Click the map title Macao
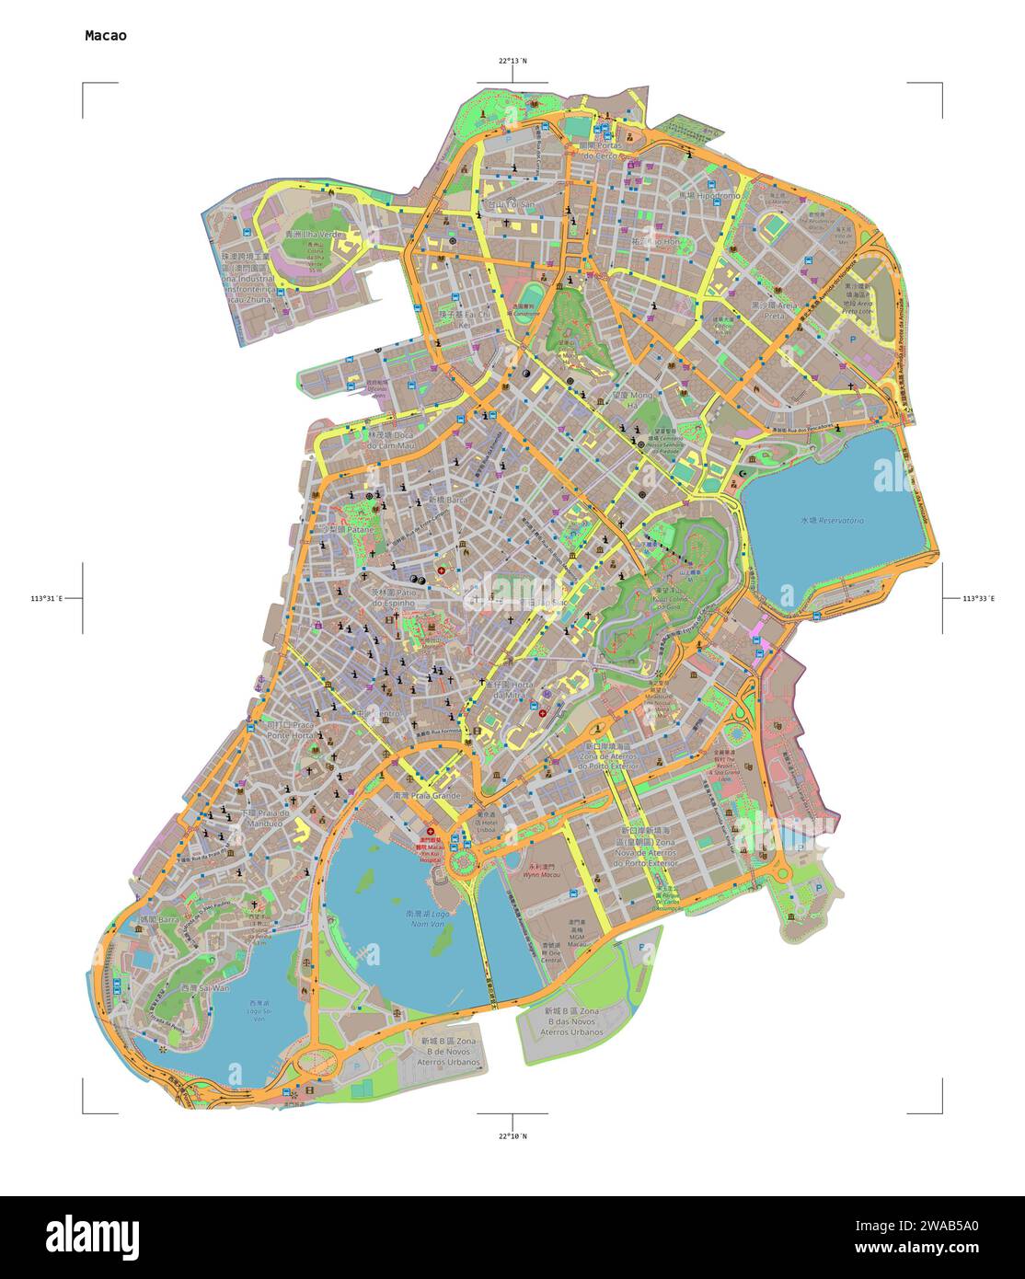tap(106, 36)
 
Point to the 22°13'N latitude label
tap(513, 61)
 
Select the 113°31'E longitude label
tap(46, 599)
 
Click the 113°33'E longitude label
tap(979, 599)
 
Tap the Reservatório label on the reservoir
tap(832, 521)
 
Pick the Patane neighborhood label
tap(349, 531)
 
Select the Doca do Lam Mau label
tap(392, 440)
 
